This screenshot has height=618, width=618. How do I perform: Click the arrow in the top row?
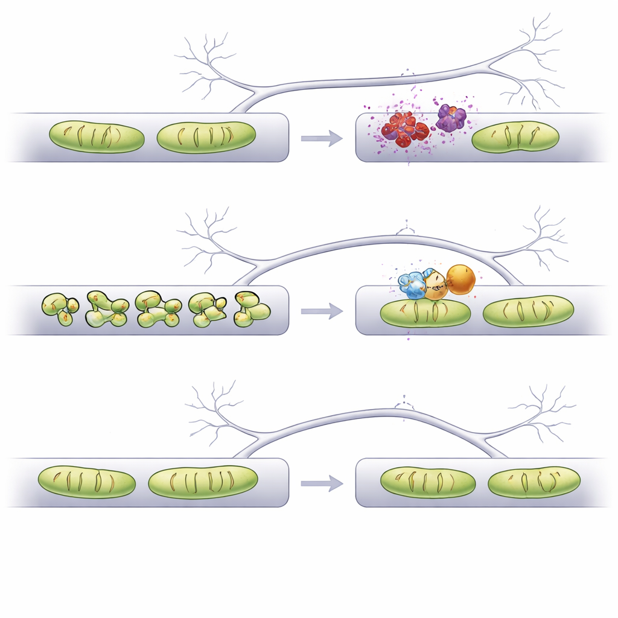tap(321, 138)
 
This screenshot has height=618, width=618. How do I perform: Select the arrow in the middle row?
tap(321, 311)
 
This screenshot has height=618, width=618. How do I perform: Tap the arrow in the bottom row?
tap(321, 483)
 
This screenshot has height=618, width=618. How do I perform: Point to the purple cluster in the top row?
tap(451, 118)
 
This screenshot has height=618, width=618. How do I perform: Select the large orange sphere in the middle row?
tap(461, 279)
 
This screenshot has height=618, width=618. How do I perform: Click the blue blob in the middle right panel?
tap(413, 286)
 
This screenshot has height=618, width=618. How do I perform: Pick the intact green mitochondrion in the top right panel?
tap(515, 137)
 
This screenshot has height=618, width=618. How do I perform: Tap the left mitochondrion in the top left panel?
tap(97, 136)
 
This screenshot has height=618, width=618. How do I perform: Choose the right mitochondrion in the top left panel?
tap(206, 137)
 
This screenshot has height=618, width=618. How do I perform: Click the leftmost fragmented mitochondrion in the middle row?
tap(60, 308)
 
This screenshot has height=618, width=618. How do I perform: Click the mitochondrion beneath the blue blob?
tap(425, 313)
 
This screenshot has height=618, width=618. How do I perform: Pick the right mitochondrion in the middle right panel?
tap(529, 311)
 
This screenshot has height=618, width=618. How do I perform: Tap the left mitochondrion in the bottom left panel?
tap(87, 482)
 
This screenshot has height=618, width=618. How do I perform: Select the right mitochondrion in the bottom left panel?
tap(203, 482)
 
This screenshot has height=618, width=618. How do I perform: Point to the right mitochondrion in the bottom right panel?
tap(534, 482)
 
